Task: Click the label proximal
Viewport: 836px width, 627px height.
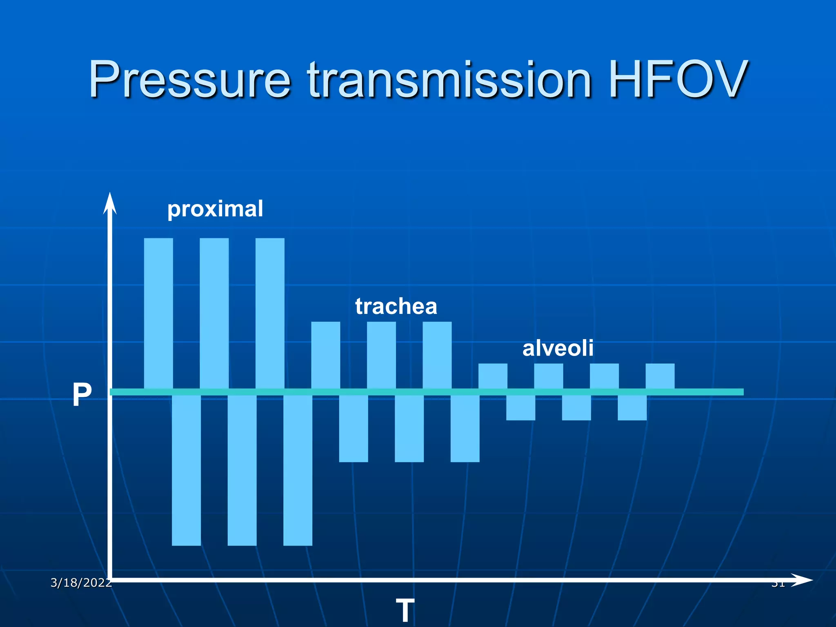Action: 215,209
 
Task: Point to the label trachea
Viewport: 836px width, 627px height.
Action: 396,306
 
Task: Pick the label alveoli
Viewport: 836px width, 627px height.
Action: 558,348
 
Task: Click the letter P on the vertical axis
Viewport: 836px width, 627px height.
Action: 82,394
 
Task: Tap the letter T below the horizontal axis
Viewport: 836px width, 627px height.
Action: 405,610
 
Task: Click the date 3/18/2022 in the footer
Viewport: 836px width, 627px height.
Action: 81,583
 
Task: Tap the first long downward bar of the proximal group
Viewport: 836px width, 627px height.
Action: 186,469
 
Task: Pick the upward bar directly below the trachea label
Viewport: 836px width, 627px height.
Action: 381,355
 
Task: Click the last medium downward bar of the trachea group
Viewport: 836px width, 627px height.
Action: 465,428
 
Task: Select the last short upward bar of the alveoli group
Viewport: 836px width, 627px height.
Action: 660,376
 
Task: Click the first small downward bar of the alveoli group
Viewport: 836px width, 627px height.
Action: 520,407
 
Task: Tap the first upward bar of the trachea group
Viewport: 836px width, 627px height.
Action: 325,355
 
